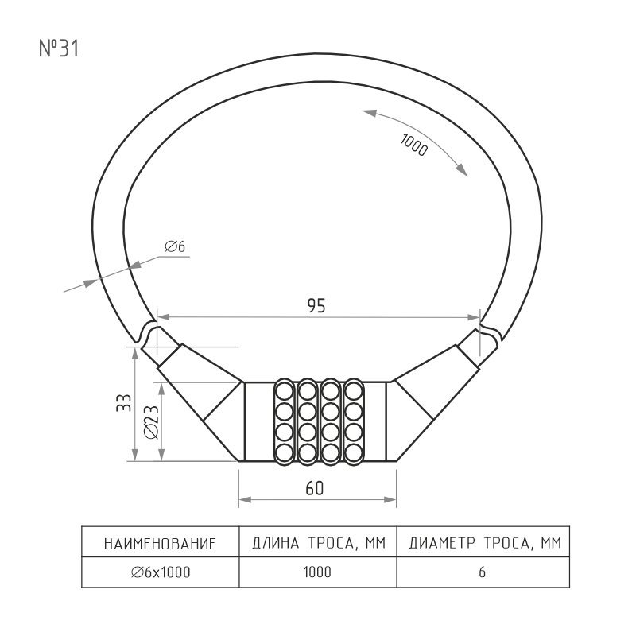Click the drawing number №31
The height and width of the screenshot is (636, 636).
[x=59, y=48]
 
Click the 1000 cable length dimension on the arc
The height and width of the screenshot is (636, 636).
[x=413, y=145]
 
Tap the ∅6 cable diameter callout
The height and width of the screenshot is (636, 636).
[x=175, y=246]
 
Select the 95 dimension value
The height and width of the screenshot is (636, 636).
[x=316, y=306]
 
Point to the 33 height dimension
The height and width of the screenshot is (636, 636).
[x=124, y=403]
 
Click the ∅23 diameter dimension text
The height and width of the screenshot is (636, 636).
[x=151, y=422]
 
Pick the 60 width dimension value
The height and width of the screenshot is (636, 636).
[x=315, y=488]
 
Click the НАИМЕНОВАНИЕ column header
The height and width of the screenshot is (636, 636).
[x=160, y=544]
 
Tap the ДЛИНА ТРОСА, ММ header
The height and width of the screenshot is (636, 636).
[x=319, y=543]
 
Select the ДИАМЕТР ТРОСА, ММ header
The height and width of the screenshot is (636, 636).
[x=485, y=543]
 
